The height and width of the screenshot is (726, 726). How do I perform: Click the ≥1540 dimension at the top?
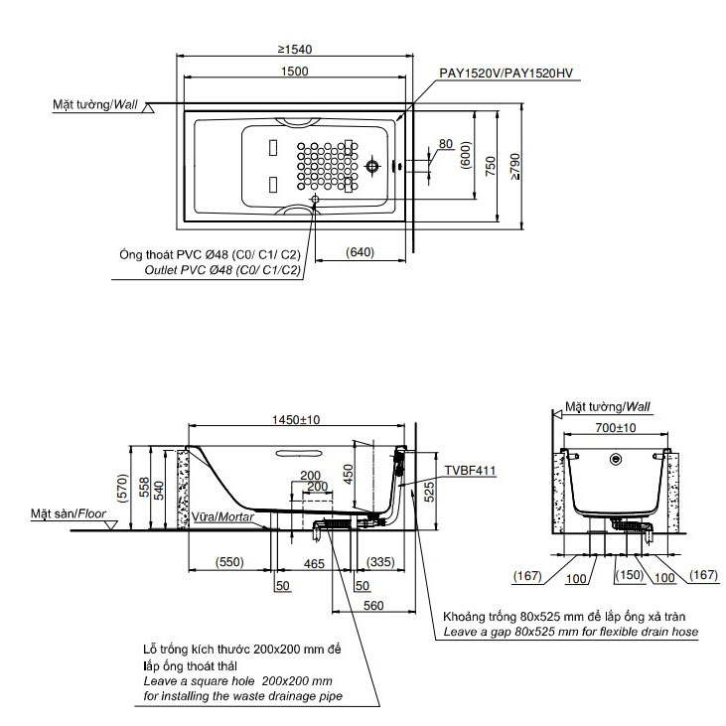coord(295,49)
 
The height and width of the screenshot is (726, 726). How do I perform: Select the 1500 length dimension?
coord(295,72)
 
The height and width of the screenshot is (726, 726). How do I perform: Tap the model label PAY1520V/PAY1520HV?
coord(507,73)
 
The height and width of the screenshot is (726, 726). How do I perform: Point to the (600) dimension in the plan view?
coord(466,155)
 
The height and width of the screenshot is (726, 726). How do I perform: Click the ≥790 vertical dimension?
coord(514,166)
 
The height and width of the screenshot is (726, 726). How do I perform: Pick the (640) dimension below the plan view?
coord(360,252)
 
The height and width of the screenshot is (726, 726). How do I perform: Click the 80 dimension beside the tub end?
coord(445,144)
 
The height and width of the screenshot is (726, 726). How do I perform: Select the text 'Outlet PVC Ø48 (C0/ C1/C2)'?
coord(222,270)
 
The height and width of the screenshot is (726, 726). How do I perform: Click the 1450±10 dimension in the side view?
coord(296,420)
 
